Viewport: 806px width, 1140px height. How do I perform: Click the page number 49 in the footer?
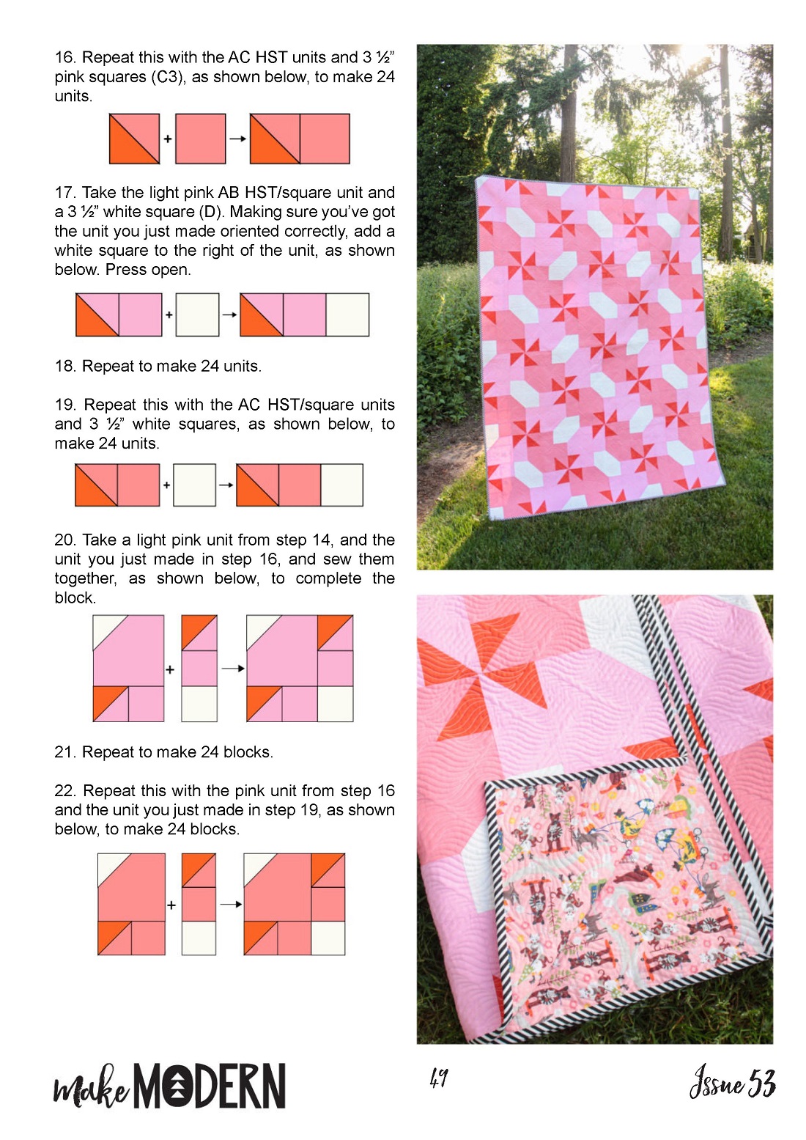[x=438, y=1078]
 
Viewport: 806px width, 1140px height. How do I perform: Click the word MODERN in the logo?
[x=210, y=1085]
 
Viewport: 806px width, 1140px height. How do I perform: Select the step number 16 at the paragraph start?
[x=66, y=57]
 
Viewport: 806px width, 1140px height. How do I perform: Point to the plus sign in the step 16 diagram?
[x=167, y=139]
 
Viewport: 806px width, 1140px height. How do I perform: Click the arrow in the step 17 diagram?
[x=229, y=315]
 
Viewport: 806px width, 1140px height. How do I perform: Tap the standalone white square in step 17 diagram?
[x=197, y=315]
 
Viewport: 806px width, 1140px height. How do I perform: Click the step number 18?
[x=66, y=367]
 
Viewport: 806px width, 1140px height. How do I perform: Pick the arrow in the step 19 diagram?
[x=226, y=485]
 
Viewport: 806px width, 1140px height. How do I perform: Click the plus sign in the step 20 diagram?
[x=170, y=669]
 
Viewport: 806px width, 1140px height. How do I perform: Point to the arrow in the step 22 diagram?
[x=231, y=905]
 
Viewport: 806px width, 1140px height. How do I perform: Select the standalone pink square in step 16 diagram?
[x=200, y=139]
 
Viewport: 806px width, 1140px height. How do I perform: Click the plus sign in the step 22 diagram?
[x=171, y=905]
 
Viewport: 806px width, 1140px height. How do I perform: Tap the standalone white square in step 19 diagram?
[x=194, y=485]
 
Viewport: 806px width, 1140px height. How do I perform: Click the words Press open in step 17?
[x=149, y=270]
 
